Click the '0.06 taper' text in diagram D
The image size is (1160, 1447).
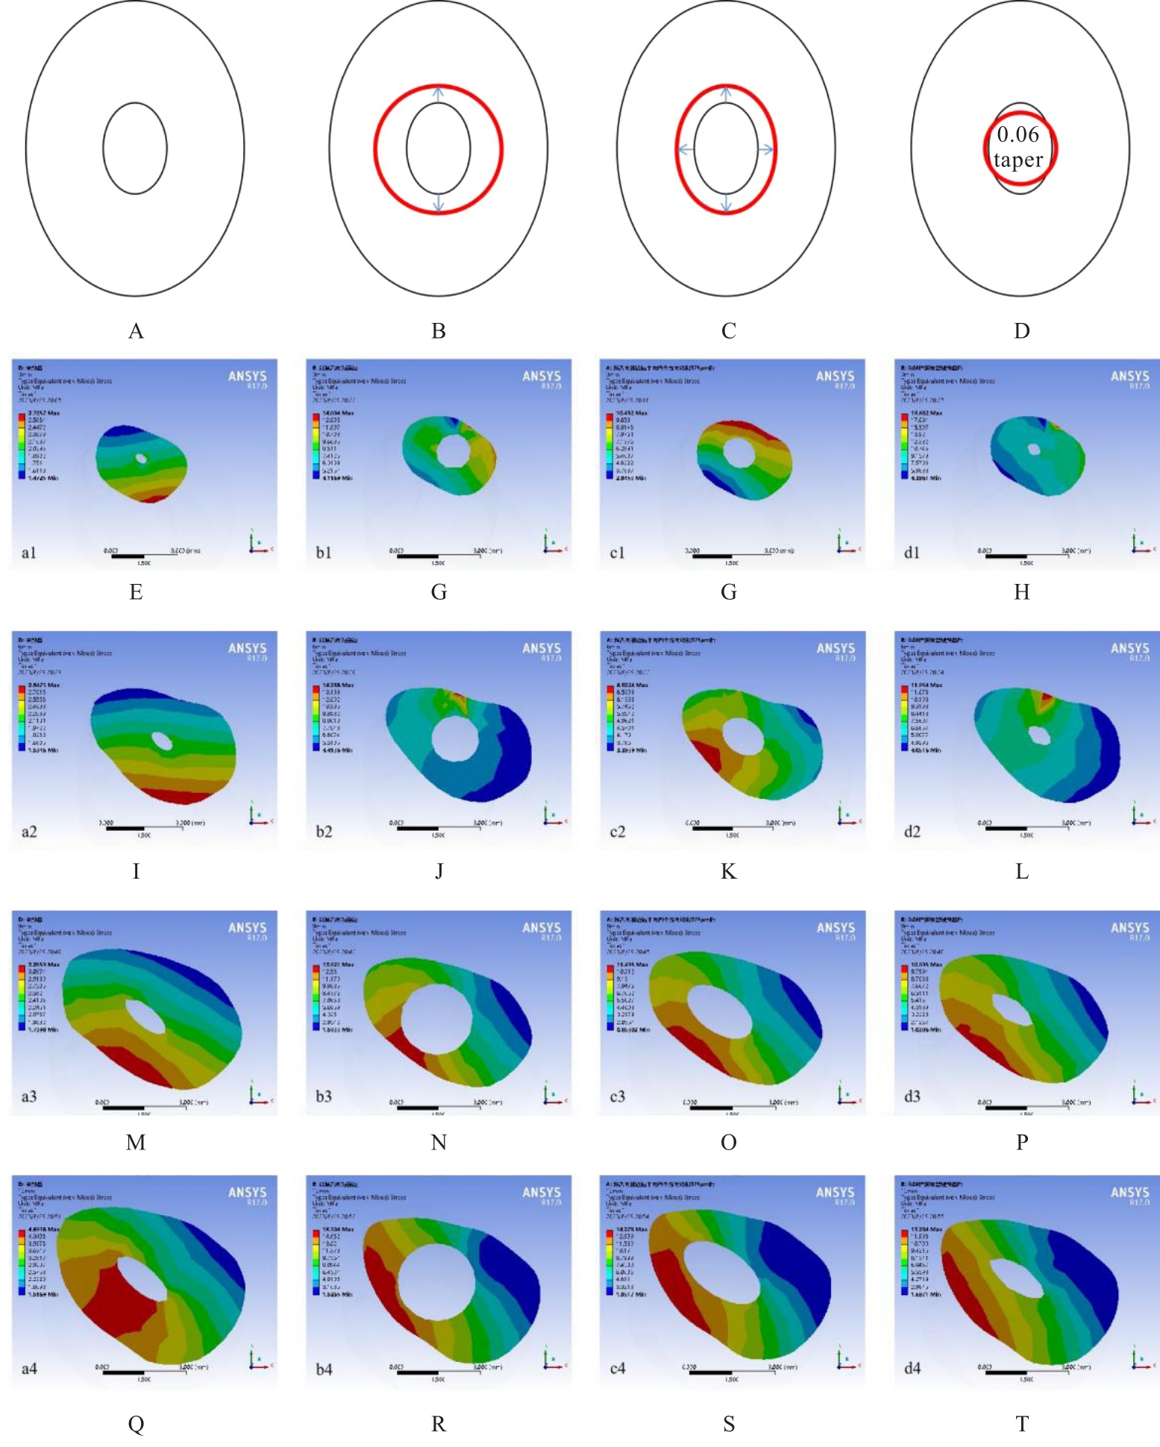1018,147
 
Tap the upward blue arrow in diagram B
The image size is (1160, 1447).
439,95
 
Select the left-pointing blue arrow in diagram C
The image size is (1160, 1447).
686,149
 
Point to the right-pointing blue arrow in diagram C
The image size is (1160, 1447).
765,149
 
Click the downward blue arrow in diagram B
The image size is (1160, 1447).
439,203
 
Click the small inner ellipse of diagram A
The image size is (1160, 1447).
135,148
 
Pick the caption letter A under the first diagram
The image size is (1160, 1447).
136,331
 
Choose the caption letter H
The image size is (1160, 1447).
1021,592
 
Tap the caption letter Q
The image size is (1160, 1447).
136,1424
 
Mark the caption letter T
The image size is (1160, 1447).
1021,1424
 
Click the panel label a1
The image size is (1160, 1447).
29,553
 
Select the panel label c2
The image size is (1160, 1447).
618,831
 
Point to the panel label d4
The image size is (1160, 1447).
912,1368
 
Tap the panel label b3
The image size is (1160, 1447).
324,1096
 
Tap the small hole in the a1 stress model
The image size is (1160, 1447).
140,459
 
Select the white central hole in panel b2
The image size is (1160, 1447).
454,738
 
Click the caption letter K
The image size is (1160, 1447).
728,871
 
